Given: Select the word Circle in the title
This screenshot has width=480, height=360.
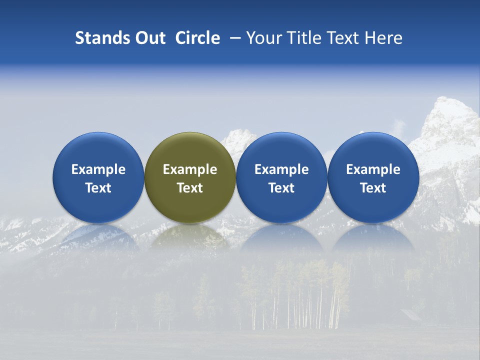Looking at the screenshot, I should [x=197, y=38].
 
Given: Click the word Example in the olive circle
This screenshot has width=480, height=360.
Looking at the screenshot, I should [x=190, y=169].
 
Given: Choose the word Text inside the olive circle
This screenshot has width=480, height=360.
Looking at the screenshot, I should [x=190, y=188].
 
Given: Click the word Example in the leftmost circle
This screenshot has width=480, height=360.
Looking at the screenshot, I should [x=98, y=169].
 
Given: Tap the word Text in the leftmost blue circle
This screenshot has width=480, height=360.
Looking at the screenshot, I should [x=98, y=188].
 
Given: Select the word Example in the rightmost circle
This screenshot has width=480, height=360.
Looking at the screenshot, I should [x=373, y=169].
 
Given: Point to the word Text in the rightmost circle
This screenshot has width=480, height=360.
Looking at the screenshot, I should [x=373, y=188].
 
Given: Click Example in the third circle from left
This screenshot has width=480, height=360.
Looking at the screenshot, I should [x=281, y=169].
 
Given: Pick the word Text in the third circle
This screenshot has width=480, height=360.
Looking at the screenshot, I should [x=281, y=188].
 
